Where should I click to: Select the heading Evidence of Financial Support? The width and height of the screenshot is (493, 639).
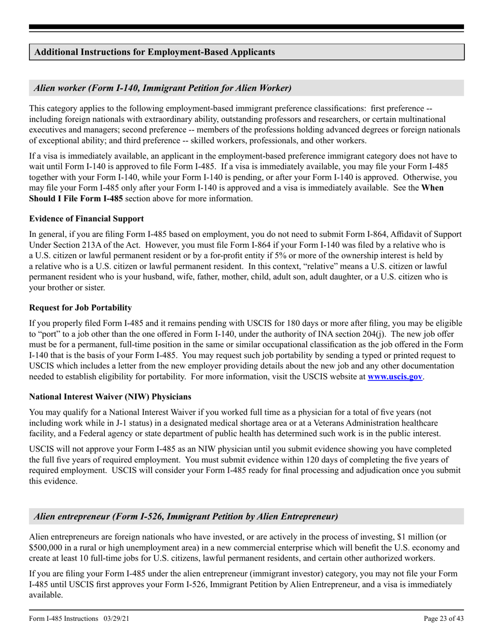point(87,219)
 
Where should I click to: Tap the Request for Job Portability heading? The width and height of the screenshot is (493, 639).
point(80,308)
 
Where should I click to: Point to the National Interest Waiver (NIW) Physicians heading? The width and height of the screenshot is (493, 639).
point(110,396)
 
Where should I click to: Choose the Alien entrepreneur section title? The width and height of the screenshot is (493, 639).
point(186,516)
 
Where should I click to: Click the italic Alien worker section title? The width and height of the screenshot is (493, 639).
point(162,88)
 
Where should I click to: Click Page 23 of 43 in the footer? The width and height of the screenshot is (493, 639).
point(443,618)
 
